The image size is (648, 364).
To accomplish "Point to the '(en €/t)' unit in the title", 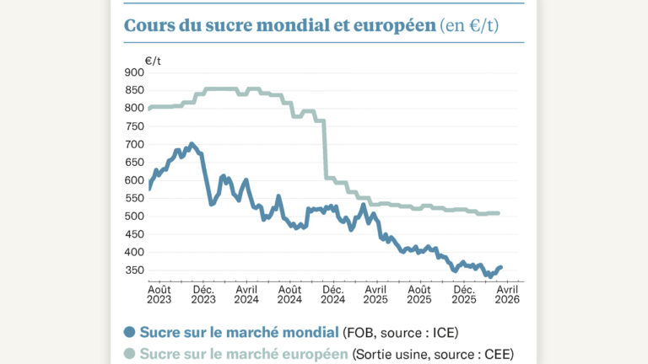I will (x=469, y=25).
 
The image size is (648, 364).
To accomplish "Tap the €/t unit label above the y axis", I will (x=153, y=61).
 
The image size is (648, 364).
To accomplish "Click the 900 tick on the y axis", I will (x=133, y=72).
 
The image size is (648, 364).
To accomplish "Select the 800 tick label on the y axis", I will (x=133, y=108).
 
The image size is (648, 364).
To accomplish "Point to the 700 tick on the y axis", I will (x=133, y=144).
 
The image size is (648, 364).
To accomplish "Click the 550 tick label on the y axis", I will (x=133, y=198).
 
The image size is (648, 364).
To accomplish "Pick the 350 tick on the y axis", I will (x=133, y=270).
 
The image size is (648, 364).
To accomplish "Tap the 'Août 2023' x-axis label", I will (x=159, y=294).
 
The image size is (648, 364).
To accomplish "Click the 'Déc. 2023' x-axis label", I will (x=203, y=294).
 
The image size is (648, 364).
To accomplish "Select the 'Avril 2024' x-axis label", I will (x=246, y=294).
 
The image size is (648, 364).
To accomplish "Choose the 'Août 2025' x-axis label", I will (x=419, y=294).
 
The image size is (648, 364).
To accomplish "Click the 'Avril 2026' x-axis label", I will (x=506, y=294).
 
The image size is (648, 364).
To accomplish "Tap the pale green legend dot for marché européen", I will (x=129, y=354).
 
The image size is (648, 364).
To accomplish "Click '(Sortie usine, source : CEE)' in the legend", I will (x=433, y=354).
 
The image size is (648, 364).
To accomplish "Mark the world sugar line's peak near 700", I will (x=192, y=144).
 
